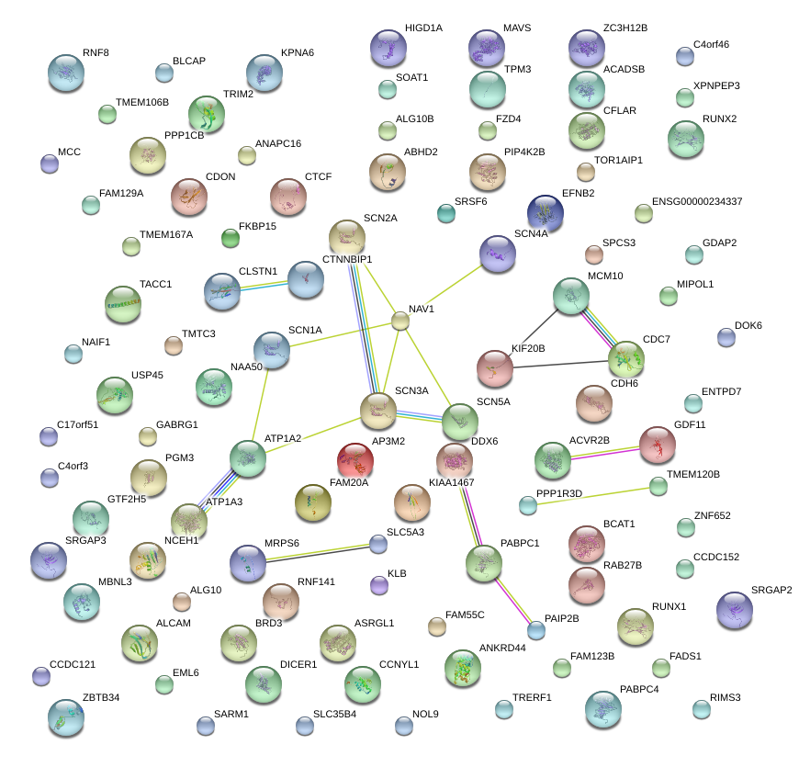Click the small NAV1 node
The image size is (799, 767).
coord(400,321)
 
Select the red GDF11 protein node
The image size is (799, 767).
coord(657,445)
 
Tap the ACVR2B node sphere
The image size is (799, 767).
coord(553,459)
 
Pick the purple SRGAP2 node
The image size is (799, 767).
coord(734,609)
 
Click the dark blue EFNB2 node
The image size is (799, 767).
coord(546,212)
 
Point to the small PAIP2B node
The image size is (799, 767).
coord(536,629)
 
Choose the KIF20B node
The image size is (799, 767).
coord(495,368)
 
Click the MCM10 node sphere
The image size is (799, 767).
coord(571,297)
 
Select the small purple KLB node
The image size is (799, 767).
coord(378,584)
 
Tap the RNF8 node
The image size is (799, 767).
coord(65,73)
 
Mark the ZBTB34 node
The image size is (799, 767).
coord(65,716)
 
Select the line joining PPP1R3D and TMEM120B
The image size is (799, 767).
coord(592,495)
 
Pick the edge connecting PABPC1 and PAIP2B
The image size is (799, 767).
coord(512,598)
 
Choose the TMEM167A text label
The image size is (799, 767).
coord(166,234)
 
